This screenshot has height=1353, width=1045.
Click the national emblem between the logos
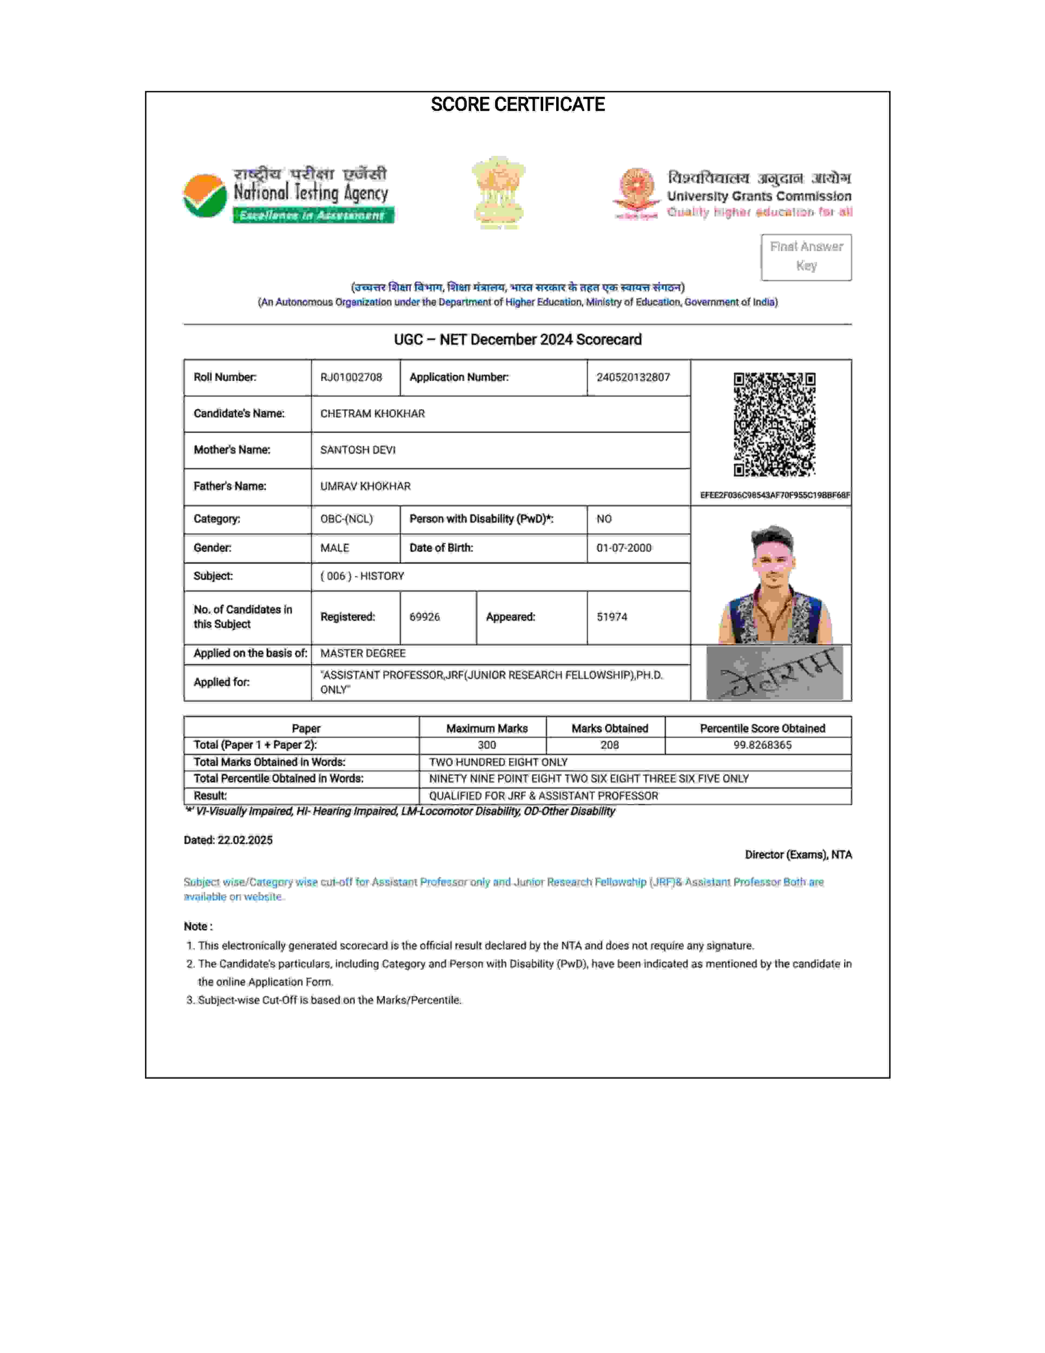tap(499, 192)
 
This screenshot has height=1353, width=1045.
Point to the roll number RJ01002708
tap(351, 377)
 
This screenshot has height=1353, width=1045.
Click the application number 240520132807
tap(633, 377)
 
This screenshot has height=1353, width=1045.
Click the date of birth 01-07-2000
tap(624, 548)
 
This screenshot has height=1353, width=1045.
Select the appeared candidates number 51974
tap(612, 617)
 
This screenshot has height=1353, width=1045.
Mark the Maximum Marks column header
tap(487, 728)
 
